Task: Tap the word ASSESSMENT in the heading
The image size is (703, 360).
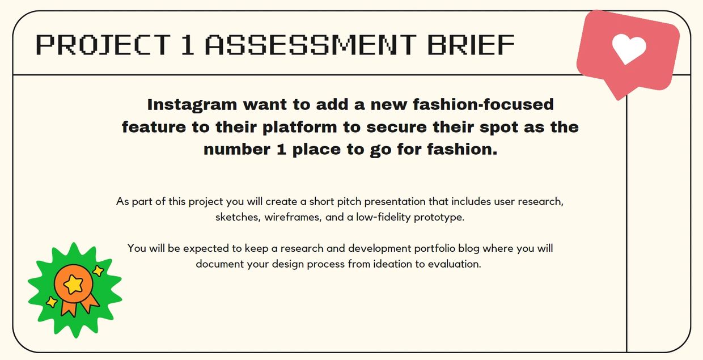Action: point(311,45)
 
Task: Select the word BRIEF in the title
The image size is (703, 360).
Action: point(471,45)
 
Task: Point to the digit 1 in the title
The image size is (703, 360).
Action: point(187,45)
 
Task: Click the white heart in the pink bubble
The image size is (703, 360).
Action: point(629,49)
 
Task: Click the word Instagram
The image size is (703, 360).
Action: point(192,105)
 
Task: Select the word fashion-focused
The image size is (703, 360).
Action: point(483,104)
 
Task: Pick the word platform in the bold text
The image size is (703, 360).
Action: point(299,128)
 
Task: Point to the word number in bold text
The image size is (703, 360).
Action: point(237,150)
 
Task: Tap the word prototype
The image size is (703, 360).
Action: point(439,218)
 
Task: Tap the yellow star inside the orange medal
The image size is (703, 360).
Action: point(74,284)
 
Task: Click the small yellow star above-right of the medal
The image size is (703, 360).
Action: point(98,270)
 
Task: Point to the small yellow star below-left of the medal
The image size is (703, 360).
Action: point(52,302)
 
